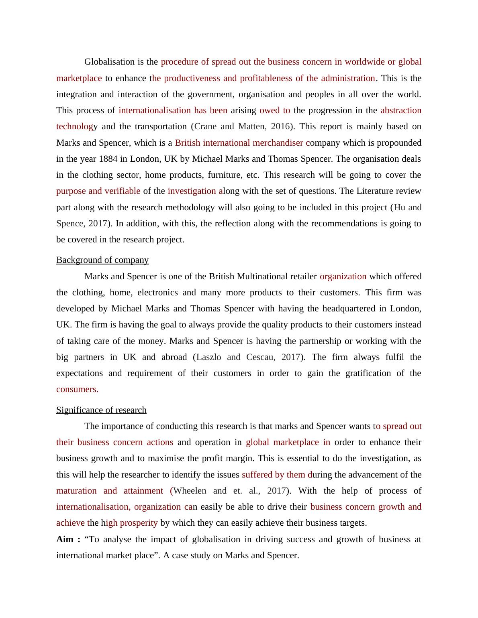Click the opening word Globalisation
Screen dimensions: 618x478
(109, 62)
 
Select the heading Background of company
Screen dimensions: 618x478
(102, 260)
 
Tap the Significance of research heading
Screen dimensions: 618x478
(101, 410)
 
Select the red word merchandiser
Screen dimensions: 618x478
(278, 143)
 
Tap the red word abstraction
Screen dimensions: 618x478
(401, 110)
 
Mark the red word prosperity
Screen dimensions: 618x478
(139, 523)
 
